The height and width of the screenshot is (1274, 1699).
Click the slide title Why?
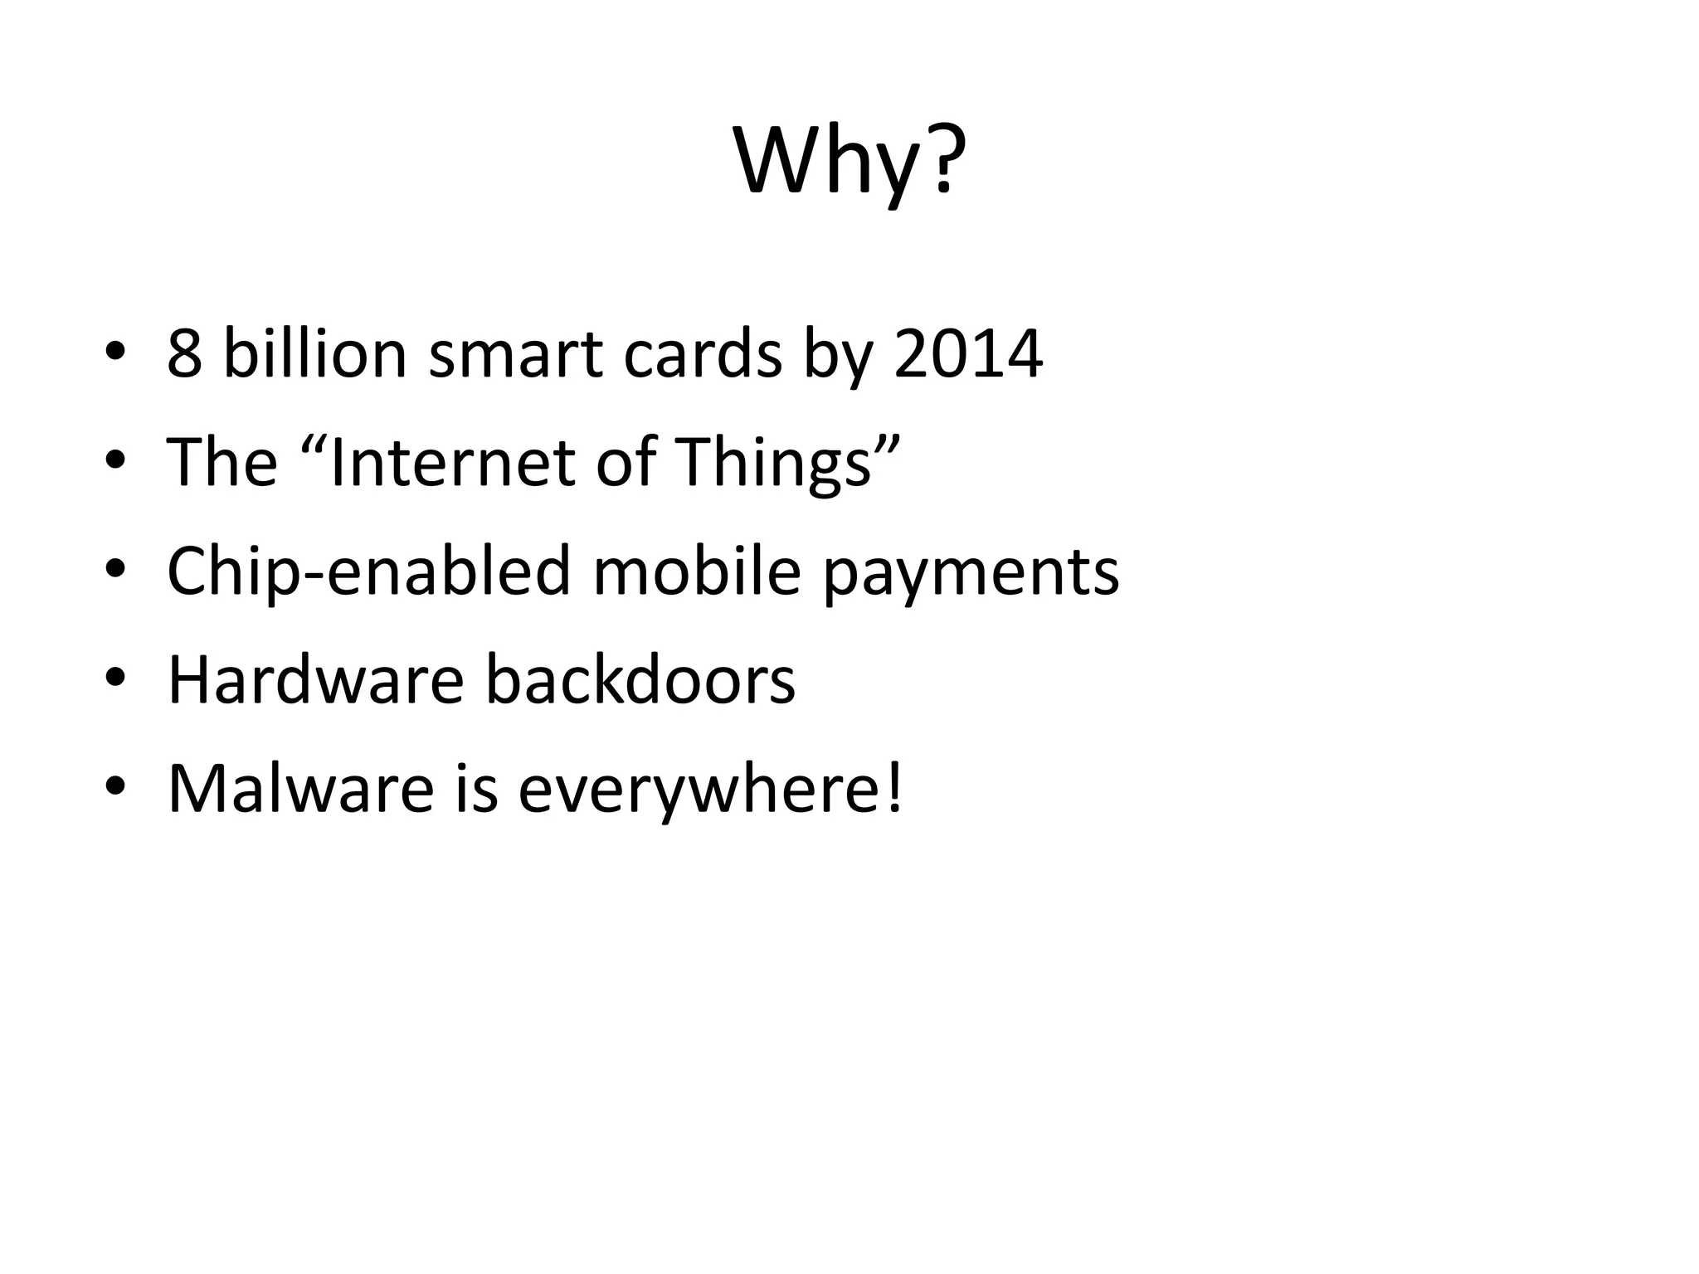click(850, 162)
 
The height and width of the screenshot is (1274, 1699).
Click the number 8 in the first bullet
click(184, 354)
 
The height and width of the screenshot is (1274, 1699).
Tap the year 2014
click(967, 354)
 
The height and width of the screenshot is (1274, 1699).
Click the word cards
click(703, 354)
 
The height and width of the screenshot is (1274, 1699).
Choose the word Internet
click(452, 462)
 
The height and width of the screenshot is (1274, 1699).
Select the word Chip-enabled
click(368, 571)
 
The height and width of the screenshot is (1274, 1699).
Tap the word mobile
click(696, 571)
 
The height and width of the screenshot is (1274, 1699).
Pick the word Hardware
click(315, 680)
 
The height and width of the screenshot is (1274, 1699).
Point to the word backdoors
click(639, 680)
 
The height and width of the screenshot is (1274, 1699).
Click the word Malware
click(300, 789)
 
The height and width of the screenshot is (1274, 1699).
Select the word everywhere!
click(710, 789)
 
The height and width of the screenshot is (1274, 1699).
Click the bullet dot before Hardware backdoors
click(115, 680)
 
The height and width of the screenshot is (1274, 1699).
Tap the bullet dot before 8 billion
click(115, 354)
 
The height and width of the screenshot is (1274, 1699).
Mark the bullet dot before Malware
click(115, 789)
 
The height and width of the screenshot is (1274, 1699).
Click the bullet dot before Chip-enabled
click(115, 571)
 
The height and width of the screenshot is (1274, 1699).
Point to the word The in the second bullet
click(222, 462)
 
